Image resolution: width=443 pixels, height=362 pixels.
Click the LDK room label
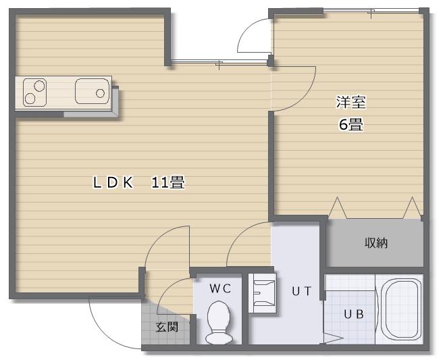[x=113, y=182]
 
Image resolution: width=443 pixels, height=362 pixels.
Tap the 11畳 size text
[x=168, y=182]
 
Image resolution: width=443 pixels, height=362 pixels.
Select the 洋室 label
[x=351, y=102]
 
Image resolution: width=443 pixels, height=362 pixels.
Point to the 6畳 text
[x=351, y=124]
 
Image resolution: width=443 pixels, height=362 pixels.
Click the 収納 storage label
[x=376, y=242]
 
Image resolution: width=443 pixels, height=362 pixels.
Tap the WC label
[x=220, y=288]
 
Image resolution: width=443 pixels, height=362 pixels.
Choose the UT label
[x=301, y=291]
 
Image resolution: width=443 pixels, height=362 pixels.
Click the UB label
[x=353, y=314]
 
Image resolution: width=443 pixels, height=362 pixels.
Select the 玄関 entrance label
[x=167, y=327]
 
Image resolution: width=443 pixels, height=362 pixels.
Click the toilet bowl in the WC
[x=219, y=316]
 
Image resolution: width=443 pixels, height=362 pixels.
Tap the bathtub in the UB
[x=400, y=309]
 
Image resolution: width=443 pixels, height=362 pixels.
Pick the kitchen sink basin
[x=92, y=91]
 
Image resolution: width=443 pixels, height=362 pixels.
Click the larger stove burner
[x=40, y=86]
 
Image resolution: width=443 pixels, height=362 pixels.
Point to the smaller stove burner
[x=30, y=99]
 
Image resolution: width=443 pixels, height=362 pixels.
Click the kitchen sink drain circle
[x=100, y=93]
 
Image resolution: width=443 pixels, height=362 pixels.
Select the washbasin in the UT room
[x=262, y=292]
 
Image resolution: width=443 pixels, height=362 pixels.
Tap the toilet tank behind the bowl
[x=219, y=338]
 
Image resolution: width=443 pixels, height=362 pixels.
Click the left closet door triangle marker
[x=338, y=208]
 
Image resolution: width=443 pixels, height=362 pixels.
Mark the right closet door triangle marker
[x=412, y=208]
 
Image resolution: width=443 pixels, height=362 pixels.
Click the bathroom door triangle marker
[x=334, y=338]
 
